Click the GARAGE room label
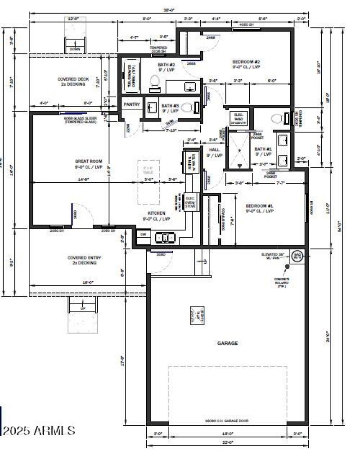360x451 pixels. click(227, 343)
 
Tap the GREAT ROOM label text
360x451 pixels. click(89, 161)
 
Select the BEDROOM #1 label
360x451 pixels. click(260, 208)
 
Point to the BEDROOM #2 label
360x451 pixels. click(246, 64)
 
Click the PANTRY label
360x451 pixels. click(132, 104)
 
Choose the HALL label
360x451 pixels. click(214, 152)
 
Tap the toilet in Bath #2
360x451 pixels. click(154, 81)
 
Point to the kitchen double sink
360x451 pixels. click(165, 237)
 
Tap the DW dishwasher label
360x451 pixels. click(144, 234)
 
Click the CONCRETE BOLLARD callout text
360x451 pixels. click(282, 282)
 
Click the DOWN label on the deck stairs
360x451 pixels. click(74, 49)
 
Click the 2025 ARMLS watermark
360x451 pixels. click(38, 430)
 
